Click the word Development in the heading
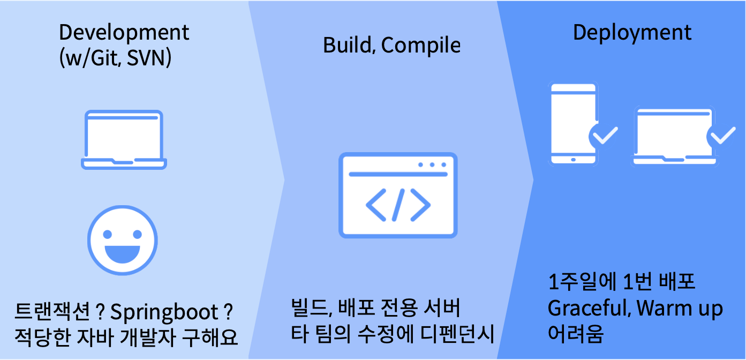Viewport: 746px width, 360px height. click(x=124, y=33)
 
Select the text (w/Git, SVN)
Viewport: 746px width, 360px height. click(x=115, y=57)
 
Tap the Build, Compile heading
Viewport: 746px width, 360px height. click(x=391, y=46)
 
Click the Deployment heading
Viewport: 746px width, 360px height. click(x=632, y=33)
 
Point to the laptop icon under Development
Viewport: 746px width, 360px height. click(x=124, y=140)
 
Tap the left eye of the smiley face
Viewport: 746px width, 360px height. click(x=108, y=234)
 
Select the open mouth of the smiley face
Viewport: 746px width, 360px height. click(x=123, y=253)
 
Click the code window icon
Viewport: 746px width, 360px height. click(x=398, y=196)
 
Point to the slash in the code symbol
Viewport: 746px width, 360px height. click(x=398, y=204)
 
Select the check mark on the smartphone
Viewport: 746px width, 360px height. click(x=605, y=136)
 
